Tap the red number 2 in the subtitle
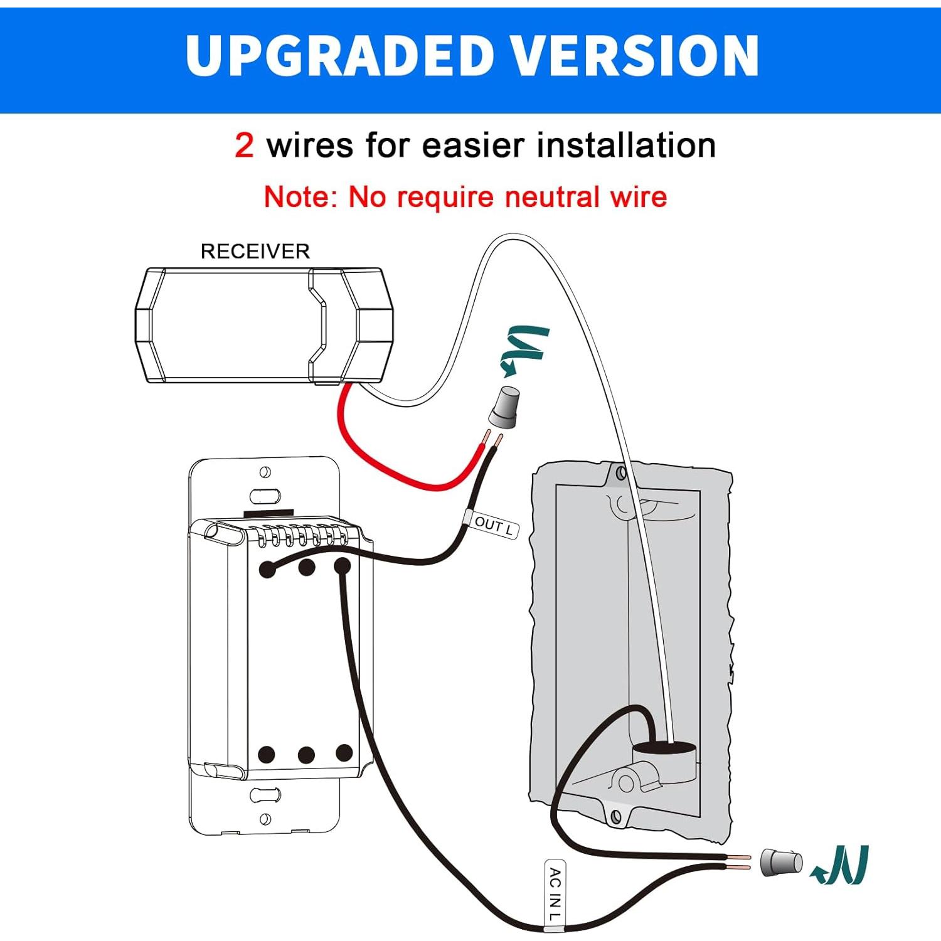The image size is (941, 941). (x=244, y=146)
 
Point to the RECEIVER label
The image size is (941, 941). (x=255, y=252)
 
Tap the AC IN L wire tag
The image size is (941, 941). (x=555, y=895)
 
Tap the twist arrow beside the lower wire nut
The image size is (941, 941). (x=841, y=866)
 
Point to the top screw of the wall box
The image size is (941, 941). (x=620, y=473)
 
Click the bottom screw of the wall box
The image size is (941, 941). (x=616, y=816)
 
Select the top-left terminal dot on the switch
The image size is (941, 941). (x=267, y=569)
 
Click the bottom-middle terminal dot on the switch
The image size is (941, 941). (x=306, y=755)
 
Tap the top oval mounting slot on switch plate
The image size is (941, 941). (x=265, y=496)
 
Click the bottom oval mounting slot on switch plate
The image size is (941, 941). (x=265, y=795)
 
